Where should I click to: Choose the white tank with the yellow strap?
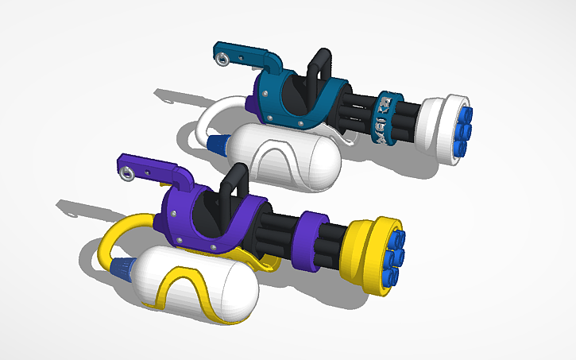point(195,285)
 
